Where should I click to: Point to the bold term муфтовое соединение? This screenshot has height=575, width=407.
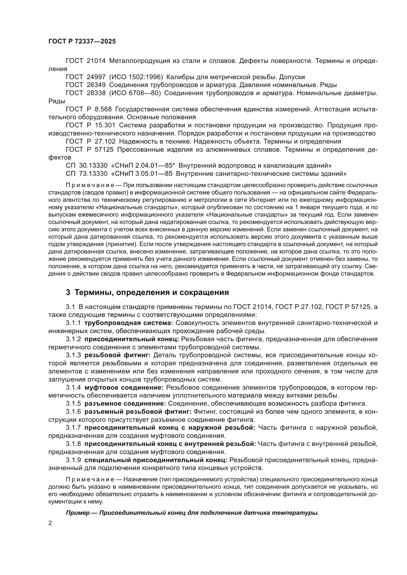click(124, 388)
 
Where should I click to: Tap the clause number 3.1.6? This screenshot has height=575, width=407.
click(73, 412)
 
